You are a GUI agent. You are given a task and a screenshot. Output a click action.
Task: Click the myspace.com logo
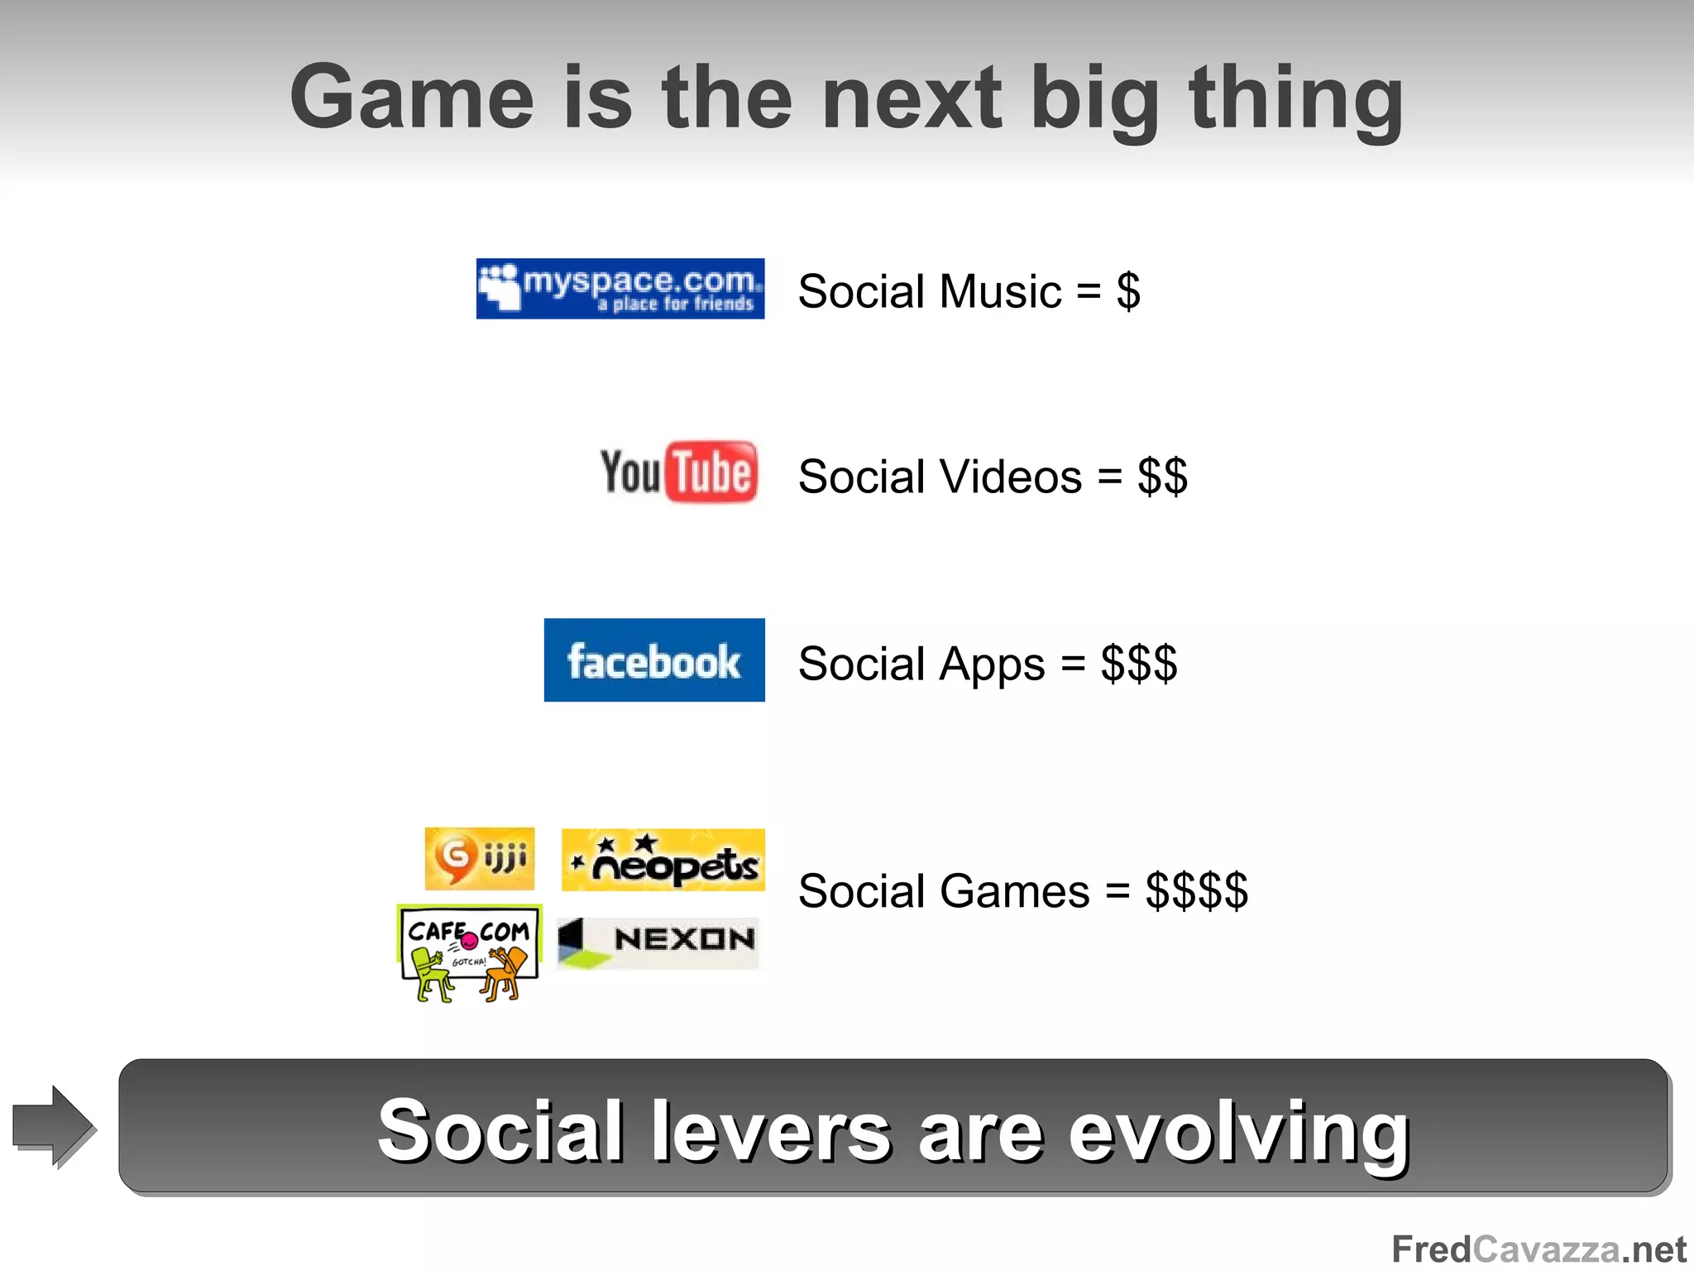pos(620,289)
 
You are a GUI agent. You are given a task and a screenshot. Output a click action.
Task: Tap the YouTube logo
pos(677,472)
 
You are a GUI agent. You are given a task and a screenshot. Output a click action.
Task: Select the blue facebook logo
pos(654,660)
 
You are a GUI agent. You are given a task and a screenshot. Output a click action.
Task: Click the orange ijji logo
pos(479,858)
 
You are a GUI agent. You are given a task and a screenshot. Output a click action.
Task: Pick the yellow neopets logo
pos(663,860)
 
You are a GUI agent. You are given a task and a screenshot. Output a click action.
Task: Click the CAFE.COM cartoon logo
pos(469,953)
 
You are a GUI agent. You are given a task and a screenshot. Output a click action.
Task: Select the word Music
pos(1000,291)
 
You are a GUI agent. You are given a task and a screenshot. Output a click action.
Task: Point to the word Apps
pos(993,664)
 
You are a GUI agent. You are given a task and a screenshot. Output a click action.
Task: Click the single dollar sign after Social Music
pos(1128,291)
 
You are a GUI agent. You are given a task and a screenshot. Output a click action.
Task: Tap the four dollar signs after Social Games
pos(1196,891)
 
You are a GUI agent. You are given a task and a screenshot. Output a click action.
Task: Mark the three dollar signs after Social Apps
pos(1138,664)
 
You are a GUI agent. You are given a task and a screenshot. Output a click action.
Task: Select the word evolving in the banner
pos(1238,1132)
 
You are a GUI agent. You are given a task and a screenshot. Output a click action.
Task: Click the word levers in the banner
pos(771,1132)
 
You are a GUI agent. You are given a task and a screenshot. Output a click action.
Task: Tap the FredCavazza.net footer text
pos(1538,1249)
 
